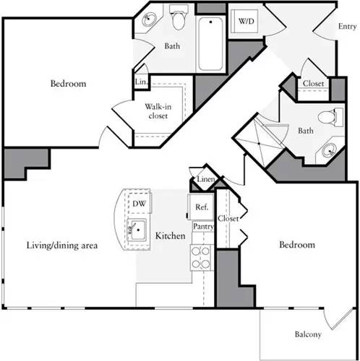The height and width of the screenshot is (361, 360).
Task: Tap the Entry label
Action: [347, 27]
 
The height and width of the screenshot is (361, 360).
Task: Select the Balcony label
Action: [309, 334]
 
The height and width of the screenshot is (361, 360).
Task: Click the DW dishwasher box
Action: [138, 204]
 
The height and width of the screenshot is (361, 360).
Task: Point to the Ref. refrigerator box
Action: [201, 207]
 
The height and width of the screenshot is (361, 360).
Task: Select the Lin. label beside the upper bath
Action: [141, 83]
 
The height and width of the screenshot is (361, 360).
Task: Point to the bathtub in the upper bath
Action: [210, 43]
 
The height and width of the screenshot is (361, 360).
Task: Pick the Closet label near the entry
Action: [313, 84]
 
